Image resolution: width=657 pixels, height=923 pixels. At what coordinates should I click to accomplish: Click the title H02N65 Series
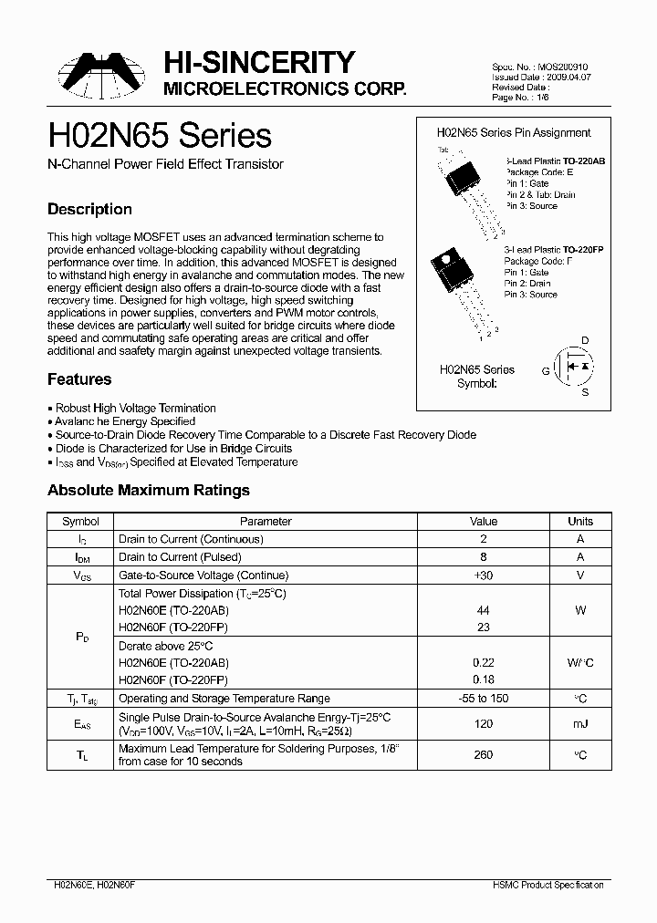[160, 136]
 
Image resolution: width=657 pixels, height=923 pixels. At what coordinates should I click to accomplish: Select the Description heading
[89, 209]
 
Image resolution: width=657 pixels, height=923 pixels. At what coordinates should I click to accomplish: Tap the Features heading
[79, 379]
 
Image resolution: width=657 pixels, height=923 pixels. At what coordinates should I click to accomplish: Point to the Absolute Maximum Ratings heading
[148, 491]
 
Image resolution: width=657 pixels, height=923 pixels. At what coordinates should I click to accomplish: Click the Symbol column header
[80, 522]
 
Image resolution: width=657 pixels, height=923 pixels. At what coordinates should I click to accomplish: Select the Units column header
[579, 522]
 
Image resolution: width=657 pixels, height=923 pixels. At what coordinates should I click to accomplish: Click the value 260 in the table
[483, 754]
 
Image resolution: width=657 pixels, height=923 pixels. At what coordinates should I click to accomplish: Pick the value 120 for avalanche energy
[483, 724]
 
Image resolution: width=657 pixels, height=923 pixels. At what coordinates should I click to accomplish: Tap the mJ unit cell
[579, 724]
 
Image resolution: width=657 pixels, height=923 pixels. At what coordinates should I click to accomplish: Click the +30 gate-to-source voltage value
[483, 576]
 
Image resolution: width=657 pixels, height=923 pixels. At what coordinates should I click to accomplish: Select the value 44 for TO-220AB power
[483, 611]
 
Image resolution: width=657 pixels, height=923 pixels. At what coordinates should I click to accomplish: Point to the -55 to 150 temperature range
[483, 699]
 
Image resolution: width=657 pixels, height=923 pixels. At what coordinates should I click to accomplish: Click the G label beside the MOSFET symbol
[546, 370]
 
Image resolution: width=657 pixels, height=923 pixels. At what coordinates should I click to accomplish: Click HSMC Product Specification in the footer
[550, 885]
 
